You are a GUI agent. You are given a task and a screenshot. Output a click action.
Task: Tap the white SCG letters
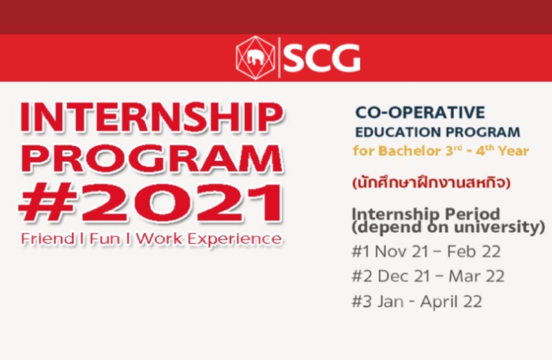click(322, 57)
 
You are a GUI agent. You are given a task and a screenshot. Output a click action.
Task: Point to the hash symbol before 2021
click(47, 203)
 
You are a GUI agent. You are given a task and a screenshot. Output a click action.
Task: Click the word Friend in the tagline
click(47, 239)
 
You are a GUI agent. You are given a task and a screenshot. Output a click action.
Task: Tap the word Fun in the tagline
click(104, 239)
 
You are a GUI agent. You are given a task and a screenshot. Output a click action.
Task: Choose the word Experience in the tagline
click(234, 239)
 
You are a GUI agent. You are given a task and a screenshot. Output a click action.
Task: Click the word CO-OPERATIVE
click(420, 113)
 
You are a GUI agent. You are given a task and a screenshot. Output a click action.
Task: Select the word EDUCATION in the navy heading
click(394, 132)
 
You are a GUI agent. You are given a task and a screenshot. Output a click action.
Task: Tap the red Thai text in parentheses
click(431, 183)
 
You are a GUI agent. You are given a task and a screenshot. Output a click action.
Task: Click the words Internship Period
click(426, 213)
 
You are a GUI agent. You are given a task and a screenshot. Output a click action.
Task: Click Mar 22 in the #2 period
click(477, 276)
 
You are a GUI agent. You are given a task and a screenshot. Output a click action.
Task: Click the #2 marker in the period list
click(362, 276)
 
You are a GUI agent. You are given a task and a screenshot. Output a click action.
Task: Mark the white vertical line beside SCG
click(279, 57)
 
